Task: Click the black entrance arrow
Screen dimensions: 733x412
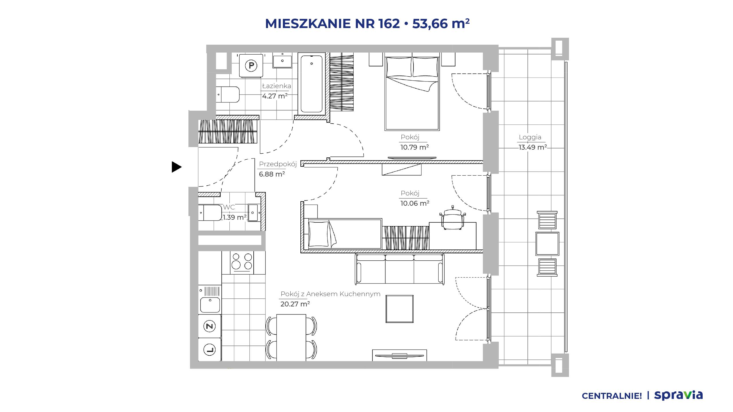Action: (x=176, y=167)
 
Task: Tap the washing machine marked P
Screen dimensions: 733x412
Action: (x=251, y=66)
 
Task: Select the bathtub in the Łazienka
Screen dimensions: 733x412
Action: (x=311, y=84)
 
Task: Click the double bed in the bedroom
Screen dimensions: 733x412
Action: (x=412, y=93)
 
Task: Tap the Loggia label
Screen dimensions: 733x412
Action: (x=530, y=137)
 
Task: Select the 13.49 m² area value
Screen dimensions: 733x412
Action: (x=533, y=147)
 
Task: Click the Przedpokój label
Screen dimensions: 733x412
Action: (x=278, y=164)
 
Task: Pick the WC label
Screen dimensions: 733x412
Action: (x=229, y=207)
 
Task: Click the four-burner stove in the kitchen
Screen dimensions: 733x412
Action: (x=242, y=262)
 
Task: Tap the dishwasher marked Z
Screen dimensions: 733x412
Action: (x=210, y=326)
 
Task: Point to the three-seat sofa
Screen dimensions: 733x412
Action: (x=399, y=269)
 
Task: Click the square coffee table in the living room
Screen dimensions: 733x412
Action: (x=399, y=309)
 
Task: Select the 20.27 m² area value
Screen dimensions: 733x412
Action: (x=295, y=304)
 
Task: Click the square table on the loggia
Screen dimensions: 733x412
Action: (x=547, y=244)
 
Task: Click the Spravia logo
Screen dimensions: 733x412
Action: (x=678, y=395)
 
